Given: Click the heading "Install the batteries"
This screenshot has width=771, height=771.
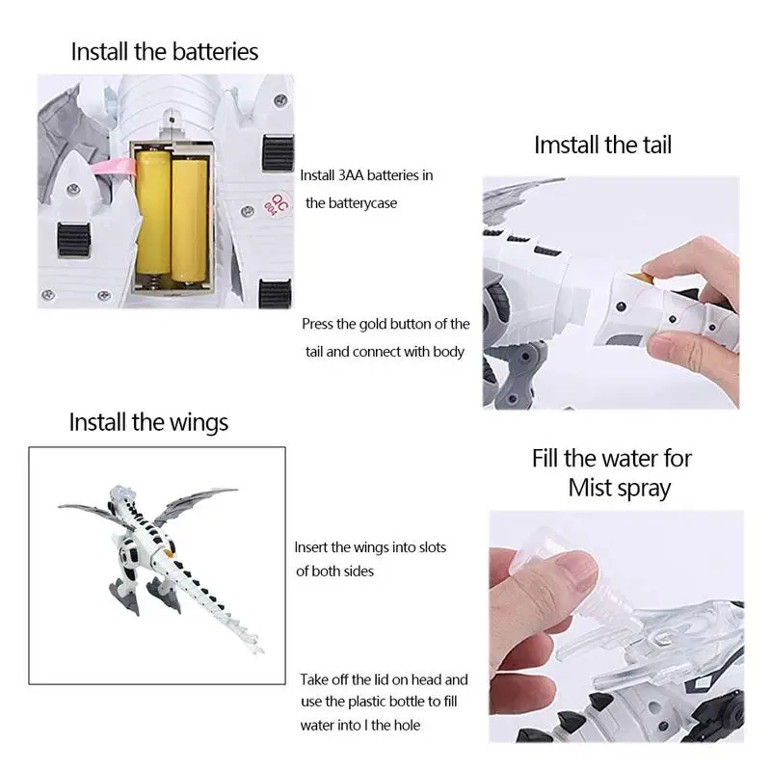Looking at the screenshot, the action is (165, 52).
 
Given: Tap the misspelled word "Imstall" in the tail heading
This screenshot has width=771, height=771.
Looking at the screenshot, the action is (566, 145).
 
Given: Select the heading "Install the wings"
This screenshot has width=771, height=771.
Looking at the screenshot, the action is (148, 422).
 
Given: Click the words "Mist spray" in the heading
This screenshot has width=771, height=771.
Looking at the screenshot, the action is (620, 489).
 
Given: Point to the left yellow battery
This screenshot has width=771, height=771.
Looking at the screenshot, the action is (153, 215).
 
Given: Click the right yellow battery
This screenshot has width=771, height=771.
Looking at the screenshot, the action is (189, 220).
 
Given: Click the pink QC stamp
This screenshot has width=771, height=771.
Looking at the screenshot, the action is (277, 203).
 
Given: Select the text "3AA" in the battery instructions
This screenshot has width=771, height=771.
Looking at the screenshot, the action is (351, 175).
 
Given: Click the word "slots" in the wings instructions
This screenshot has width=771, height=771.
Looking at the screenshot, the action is (429, 547).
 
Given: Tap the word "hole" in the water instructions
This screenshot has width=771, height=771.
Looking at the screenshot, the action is (408, 726).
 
